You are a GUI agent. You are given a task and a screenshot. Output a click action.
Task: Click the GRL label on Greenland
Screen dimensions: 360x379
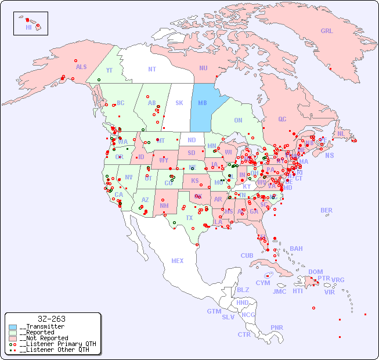coord(327,31)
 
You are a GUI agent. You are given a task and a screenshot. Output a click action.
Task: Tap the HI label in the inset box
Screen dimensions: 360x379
coord(28,27)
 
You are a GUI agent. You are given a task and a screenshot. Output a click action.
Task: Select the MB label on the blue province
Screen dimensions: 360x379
coord(203,103)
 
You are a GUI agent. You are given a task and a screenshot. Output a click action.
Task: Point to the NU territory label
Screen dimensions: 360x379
coord(203,68)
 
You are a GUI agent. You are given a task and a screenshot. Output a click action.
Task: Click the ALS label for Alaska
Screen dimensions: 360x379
coord(81,67)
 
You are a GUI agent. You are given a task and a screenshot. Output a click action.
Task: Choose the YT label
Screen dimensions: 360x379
coord(109,70)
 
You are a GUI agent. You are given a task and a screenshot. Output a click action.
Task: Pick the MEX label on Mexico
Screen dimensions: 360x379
coord(178,261)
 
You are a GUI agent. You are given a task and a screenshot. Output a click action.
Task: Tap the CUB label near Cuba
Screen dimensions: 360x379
coord(247,255)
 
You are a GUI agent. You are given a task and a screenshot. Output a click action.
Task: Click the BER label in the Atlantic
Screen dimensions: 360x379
coord(327,210)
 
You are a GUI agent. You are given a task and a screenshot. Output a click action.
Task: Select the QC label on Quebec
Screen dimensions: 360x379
coord(282,119)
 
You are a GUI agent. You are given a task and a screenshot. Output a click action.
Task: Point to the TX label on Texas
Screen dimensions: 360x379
coord(189,218)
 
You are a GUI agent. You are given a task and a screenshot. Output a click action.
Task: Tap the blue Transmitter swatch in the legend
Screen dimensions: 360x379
coord(13,327)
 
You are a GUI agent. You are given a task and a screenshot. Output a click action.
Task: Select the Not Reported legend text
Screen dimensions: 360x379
coord(43,338)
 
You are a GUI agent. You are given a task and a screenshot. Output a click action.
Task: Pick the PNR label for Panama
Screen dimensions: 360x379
coord(277,327)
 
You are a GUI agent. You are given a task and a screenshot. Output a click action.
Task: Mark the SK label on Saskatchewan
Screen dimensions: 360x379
coord(179,103)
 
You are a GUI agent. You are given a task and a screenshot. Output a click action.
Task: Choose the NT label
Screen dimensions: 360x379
coord(152,69)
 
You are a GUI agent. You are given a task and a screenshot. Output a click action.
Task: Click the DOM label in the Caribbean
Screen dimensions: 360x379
coord(315,272)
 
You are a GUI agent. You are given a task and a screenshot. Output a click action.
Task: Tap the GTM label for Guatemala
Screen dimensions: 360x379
coord(214,311)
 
